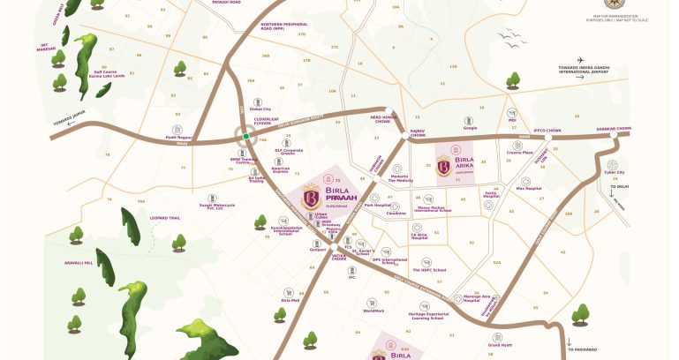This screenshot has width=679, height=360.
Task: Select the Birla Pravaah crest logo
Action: coord(310,194)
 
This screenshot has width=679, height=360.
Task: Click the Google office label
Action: coord(470,128)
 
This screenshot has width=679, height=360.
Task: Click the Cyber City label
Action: coord(615,172)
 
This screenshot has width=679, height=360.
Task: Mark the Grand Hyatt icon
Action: coord(501,335)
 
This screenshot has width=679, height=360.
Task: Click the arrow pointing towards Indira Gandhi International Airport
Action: coord(580,78)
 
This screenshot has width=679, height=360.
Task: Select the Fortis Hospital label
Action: coord(491,195)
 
